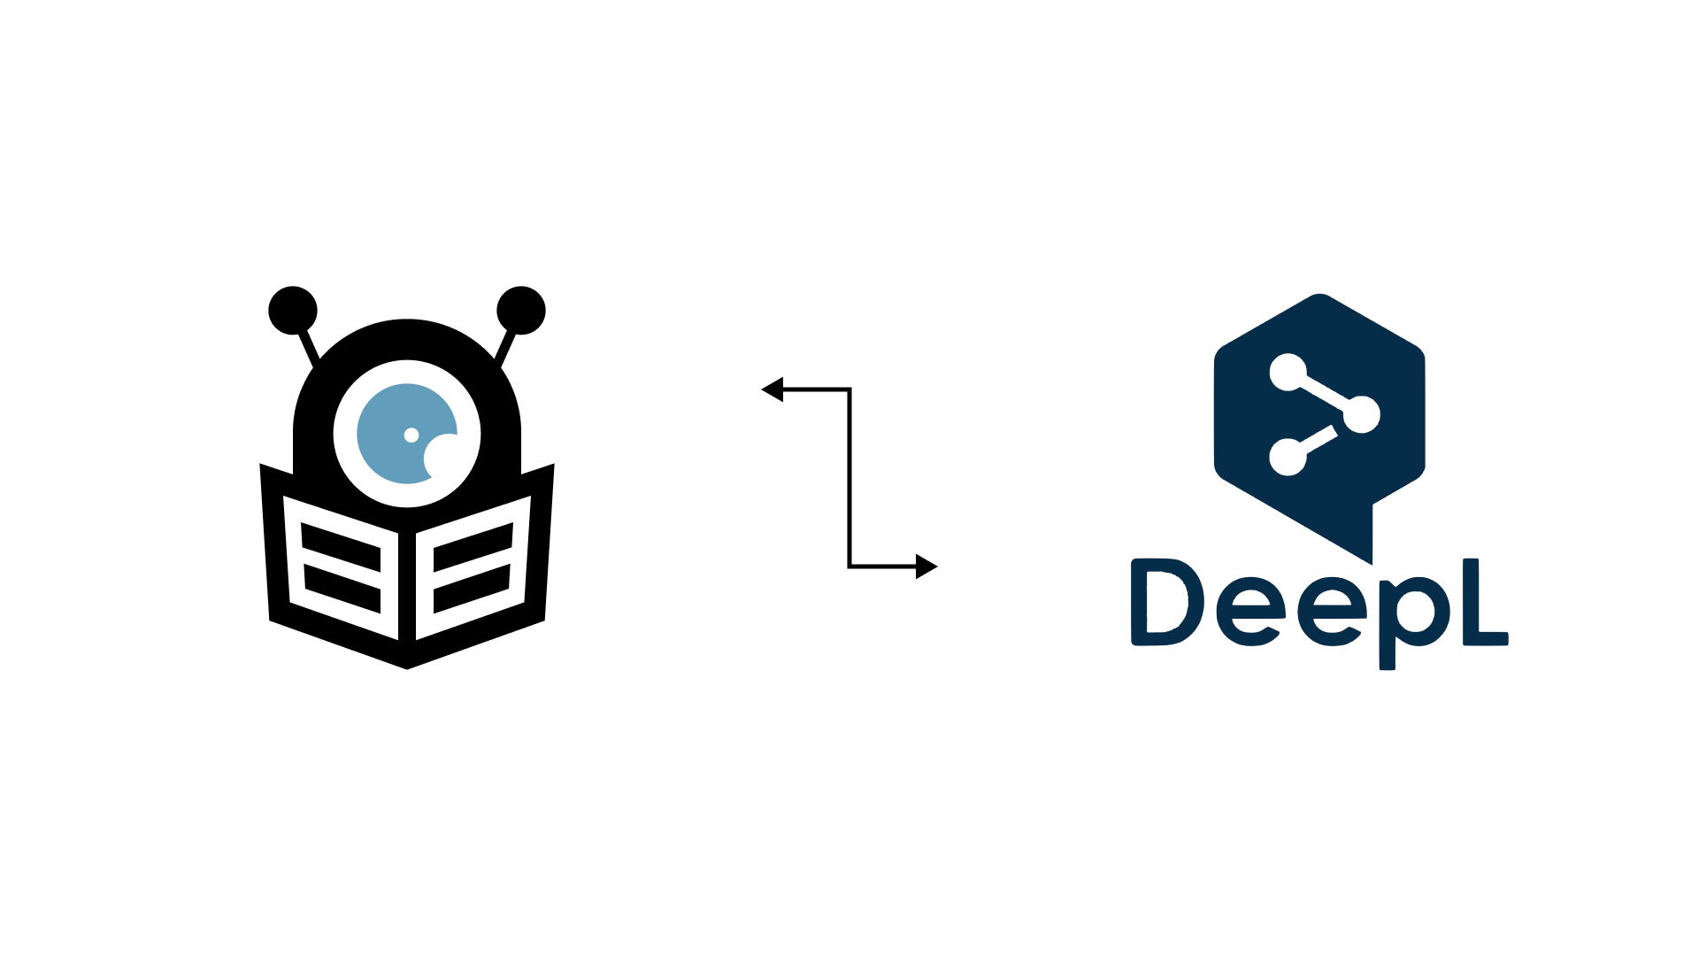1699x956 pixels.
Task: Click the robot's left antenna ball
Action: click(293, 311)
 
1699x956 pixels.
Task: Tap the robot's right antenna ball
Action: click(521, 311)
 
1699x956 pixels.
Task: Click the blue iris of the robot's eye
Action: click(406, 434)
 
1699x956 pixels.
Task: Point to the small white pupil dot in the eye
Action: click(411, 435)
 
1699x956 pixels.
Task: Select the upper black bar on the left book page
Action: click(341, 547)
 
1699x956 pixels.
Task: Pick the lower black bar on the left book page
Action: click(342, 589)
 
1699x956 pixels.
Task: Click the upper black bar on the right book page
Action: click(473, 547)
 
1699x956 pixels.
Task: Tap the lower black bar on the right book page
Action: click(472, 589)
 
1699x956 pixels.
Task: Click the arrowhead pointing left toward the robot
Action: click(773, 389)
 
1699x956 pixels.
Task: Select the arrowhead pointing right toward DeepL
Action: click(926, 567)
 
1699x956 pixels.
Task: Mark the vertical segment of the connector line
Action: click(849, 478)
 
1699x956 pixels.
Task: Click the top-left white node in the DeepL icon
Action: click(1288, 372)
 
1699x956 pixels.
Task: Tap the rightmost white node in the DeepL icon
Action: click(1362, 414)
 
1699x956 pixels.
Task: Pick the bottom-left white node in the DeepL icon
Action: click(1288, 457)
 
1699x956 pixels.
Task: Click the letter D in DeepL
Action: click(1168, 602)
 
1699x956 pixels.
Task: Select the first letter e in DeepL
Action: click(1251, 612)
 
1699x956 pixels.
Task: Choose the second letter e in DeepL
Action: click(1333, 612)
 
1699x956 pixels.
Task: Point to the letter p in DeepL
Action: click(1415, 623)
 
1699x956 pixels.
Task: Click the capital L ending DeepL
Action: click(1486, 602)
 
